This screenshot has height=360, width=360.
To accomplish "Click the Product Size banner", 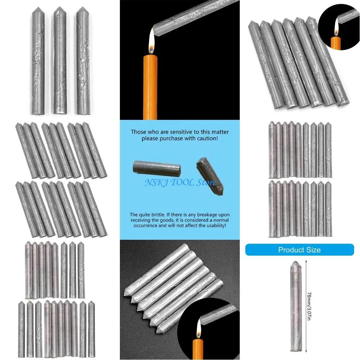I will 299,250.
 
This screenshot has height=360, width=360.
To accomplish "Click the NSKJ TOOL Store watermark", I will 180,183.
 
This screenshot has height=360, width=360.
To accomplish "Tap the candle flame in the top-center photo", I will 152,44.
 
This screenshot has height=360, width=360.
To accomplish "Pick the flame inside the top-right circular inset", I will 336,27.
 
